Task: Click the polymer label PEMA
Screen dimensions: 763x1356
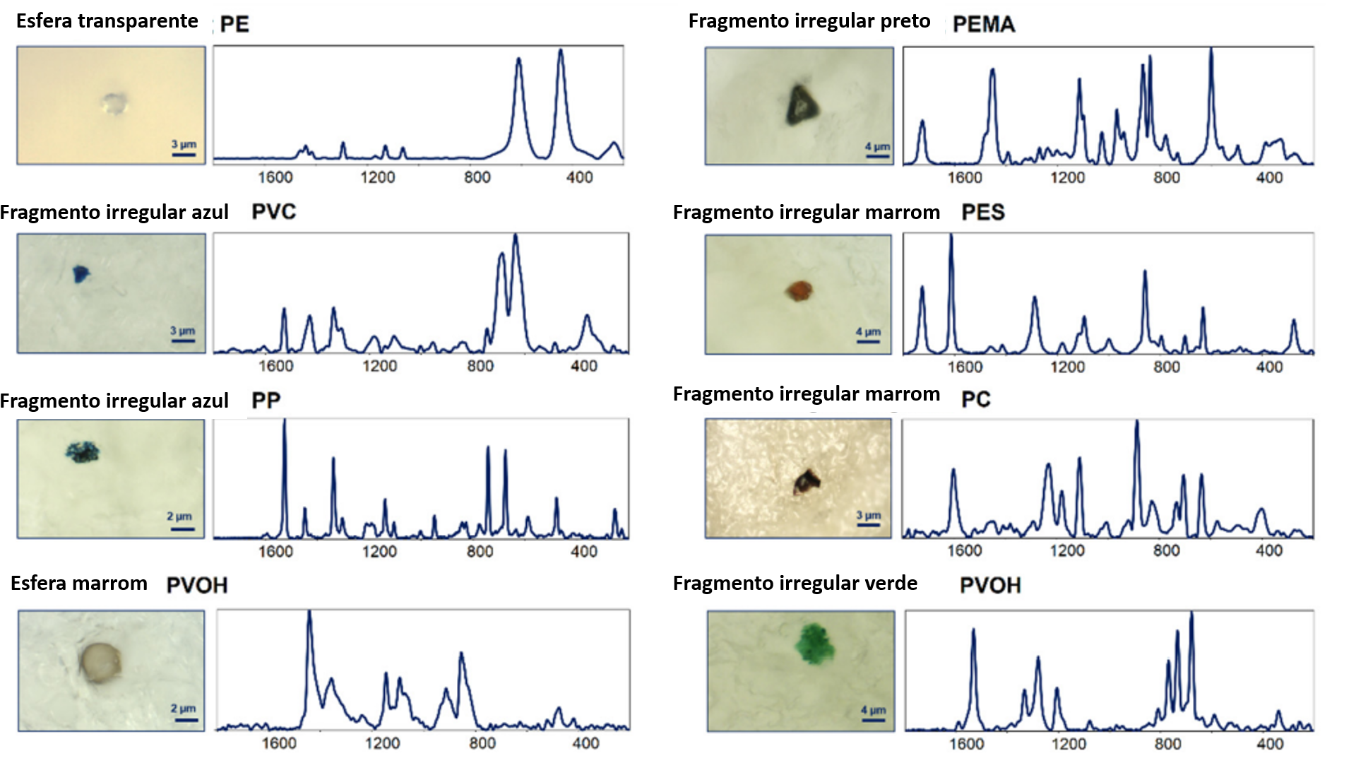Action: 983,24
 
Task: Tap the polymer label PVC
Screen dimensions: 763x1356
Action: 273,212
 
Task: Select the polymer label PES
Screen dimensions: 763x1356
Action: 982,213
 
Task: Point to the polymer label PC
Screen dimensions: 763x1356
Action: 975,400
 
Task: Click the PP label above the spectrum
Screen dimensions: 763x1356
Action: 266,401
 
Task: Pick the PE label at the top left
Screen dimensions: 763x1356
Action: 234,24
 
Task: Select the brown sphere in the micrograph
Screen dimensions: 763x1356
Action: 100,662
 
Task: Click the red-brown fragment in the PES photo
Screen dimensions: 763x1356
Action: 799,290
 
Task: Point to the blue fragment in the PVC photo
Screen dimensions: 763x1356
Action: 81,273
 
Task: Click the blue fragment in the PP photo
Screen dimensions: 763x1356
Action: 83,451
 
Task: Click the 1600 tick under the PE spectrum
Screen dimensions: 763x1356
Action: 275,177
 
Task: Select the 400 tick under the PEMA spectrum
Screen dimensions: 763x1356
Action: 1269,178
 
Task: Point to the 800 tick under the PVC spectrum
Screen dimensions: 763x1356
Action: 480,366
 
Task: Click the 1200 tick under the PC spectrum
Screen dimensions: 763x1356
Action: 1067,550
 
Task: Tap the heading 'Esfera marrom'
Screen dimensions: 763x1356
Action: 79,584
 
